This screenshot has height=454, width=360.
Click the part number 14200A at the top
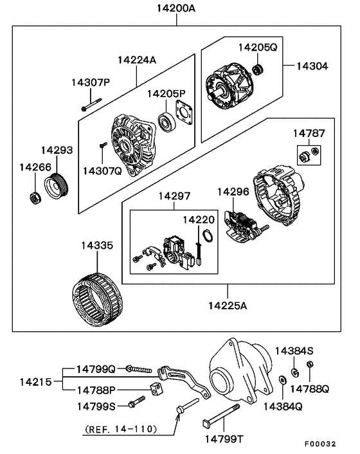(177, 10)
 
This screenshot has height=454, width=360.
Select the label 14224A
(136, 60)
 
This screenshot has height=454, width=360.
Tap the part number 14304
(312, 66)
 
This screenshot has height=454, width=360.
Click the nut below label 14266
(33, 197)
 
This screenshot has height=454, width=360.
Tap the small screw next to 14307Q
(102, 149)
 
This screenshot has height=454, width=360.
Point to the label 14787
(309, 133)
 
